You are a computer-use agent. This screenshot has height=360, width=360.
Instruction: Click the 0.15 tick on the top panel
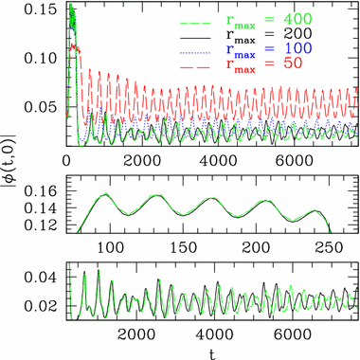[x=45, y=11]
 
